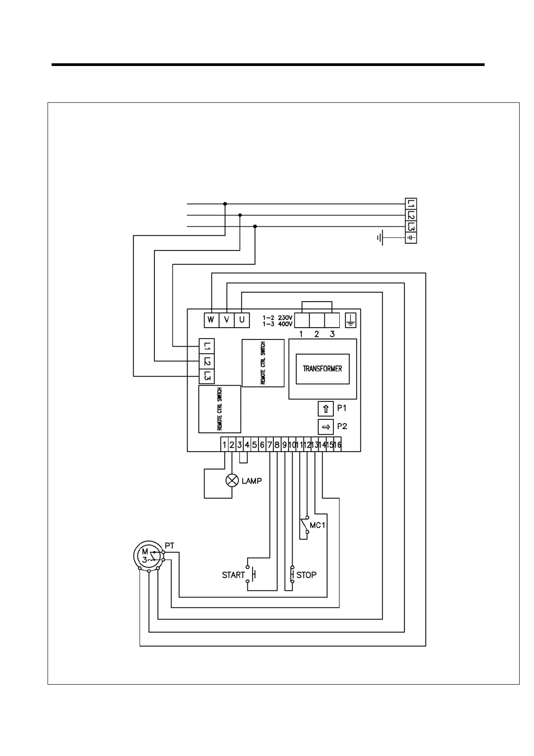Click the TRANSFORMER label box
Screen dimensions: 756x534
point(322,369)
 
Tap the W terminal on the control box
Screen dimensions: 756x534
point(210,320)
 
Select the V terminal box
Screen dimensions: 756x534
point(226,320)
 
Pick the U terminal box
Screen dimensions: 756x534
point(242,320)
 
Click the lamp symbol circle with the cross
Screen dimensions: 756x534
point(232,481)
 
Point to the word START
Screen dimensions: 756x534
point(233,575)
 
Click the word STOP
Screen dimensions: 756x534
point(306,575)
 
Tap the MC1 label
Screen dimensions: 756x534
point(317,525)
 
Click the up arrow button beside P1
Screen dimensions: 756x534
point(326,409)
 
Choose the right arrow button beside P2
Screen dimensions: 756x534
point(326,427)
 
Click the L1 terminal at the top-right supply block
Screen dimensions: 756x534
point(411,204)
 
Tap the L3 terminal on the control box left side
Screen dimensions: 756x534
point(206,376)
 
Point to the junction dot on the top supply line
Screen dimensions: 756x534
point(225,204)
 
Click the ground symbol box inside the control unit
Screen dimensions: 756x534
point(350,320)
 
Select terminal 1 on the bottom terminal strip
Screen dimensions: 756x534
point(224,445)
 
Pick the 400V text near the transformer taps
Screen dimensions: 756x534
point(285,324)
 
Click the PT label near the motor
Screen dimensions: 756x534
point(169,546)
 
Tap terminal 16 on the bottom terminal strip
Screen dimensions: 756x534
point(337,445)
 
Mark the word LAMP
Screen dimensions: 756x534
point(252,481)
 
